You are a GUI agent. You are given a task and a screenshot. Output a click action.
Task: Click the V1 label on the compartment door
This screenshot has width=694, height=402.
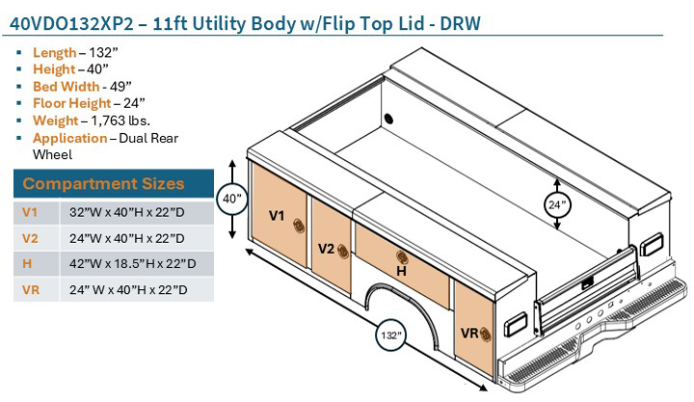[x=276, y=216]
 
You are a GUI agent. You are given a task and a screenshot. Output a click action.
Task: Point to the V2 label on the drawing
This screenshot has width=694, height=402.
[x=327, y=250]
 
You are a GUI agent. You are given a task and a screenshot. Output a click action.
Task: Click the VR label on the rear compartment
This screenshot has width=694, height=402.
[x=469, y=333]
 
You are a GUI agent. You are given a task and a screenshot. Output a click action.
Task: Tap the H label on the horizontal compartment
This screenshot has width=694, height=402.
[x=402, y=273]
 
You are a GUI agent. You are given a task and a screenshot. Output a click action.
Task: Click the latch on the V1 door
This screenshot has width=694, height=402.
[x=298, y=225]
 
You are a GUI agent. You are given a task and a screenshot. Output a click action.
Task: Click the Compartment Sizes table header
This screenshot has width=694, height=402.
[x=103, y=183]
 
